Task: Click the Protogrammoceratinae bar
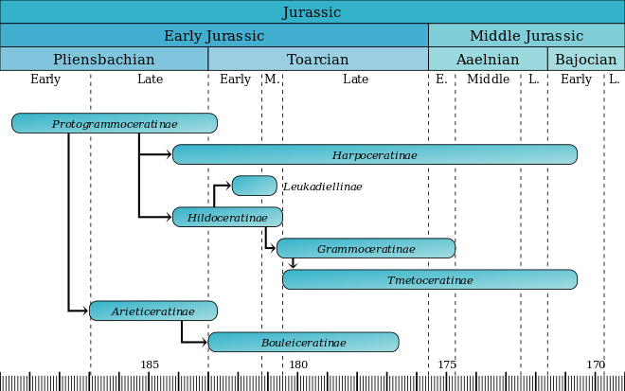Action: pyautogui.click(x=115, y=123)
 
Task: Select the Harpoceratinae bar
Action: pyautogui.click(x=375, y=154)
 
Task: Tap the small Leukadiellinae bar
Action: pyautogui.click(x=255, y=186)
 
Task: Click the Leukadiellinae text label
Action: pyautogui.click(x=323, y=187)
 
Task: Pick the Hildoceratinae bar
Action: pyautogui.click(x=227, y=217)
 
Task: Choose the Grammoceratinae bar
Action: pyautogui.click(x=366, y=248)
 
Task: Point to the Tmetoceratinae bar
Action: pyautogui.click(x=430, y=279)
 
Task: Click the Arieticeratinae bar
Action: pyautogui.click(x=153, y=311)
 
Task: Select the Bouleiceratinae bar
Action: pyautogui.click(x=303, y=342)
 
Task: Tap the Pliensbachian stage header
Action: pyautogui.click(x=103, y=59)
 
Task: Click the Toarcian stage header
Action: pyautogui.click(x=318, y=59)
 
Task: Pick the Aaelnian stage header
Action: pyautogui.click(x=488, y=59)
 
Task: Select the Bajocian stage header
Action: pyautogui.click(x=586, y=59)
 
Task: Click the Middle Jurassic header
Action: pyautogui.click(x=527, y=35)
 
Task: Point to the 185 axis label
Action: pyautogui.click(x=150, y=364)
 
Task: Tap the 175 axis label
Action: pyautogui.click(x=447, y=364)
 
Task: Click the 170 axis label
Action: pyautogui.click(x=596, y=364)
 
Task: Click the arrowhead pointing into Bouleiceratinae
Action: pyautogui.click(x=205, y=342)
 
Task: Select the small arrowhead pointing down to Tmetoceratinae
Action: pyautogui.click(x=293, y=265)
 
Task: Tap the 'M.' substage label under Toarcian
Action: pyautogui.click(x=272, y=79)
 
